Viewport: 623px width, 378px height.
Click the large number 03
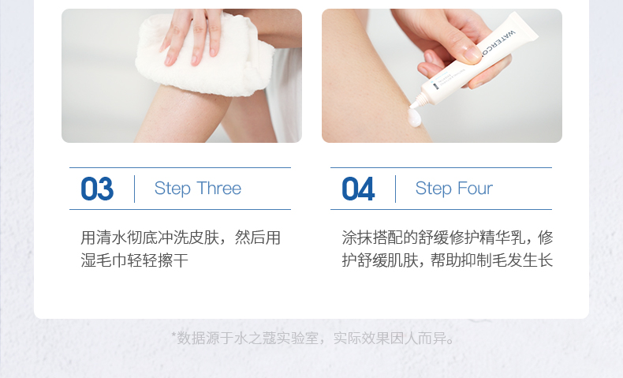(97, 189)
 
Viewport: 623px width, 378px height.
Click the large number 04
(358, 189)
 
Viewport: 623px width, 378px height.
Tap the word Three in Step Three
(219, 188)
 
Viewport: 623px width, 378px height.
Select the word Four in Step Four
(474, 188)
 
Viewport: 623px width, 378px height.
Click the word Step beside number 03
(173, 189)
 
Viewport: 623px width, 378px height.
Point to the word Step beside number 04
(434, 189)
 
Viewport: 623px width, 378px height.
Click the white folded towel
(204, 56)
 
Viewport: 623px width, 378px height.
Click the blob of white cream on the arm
(414, 118)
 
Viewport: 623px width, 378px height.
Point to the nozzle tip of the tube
(413, 105)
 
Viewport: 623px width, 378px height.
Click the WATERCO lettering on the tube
(498, 43)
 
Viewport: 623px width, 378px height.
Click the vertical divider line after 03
(134, 189)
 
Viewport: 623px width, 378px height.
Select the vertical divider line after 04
(395, 189)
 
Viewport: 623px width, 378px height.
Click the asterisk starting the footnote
(173, 335)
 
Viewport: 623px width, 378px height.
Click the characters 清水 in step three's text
(111, 238)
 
